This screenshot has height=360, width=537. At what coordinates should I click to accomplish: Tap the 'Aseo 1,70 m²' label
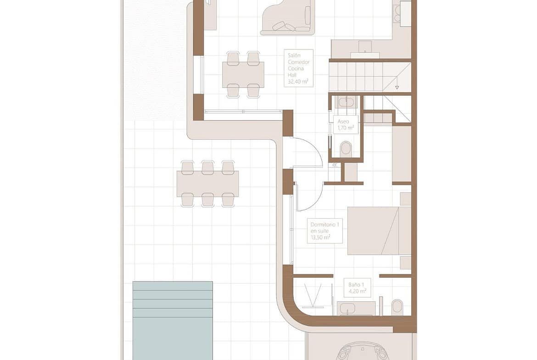click(346, 125)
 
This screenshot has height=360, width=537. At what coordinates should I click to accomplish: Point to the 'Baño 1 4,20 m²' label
click(358, 288)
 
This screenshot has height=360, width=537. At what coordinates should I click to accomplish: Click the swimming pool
click(173, 320)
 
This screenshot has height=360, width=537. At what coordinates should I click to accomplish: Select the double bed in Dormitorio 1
click(379, 231)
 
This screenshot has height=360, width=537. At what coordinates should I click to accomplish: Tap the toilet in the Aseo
click(346, 148)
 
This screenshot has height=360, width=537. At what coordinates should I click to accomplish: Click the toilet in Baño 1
click(397, 307)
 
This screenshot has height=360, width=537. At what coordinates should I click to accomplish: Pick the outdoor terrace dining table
click(207, 184)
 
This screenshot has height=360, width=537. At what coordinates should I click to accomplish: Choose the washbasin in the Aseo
click(346, 102)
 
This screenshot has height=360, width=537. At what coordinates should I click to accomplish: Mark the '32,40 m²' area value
click(298, 82)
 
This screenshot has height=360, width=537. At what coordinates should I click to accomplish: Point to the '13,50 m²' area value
click(320, 237)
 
